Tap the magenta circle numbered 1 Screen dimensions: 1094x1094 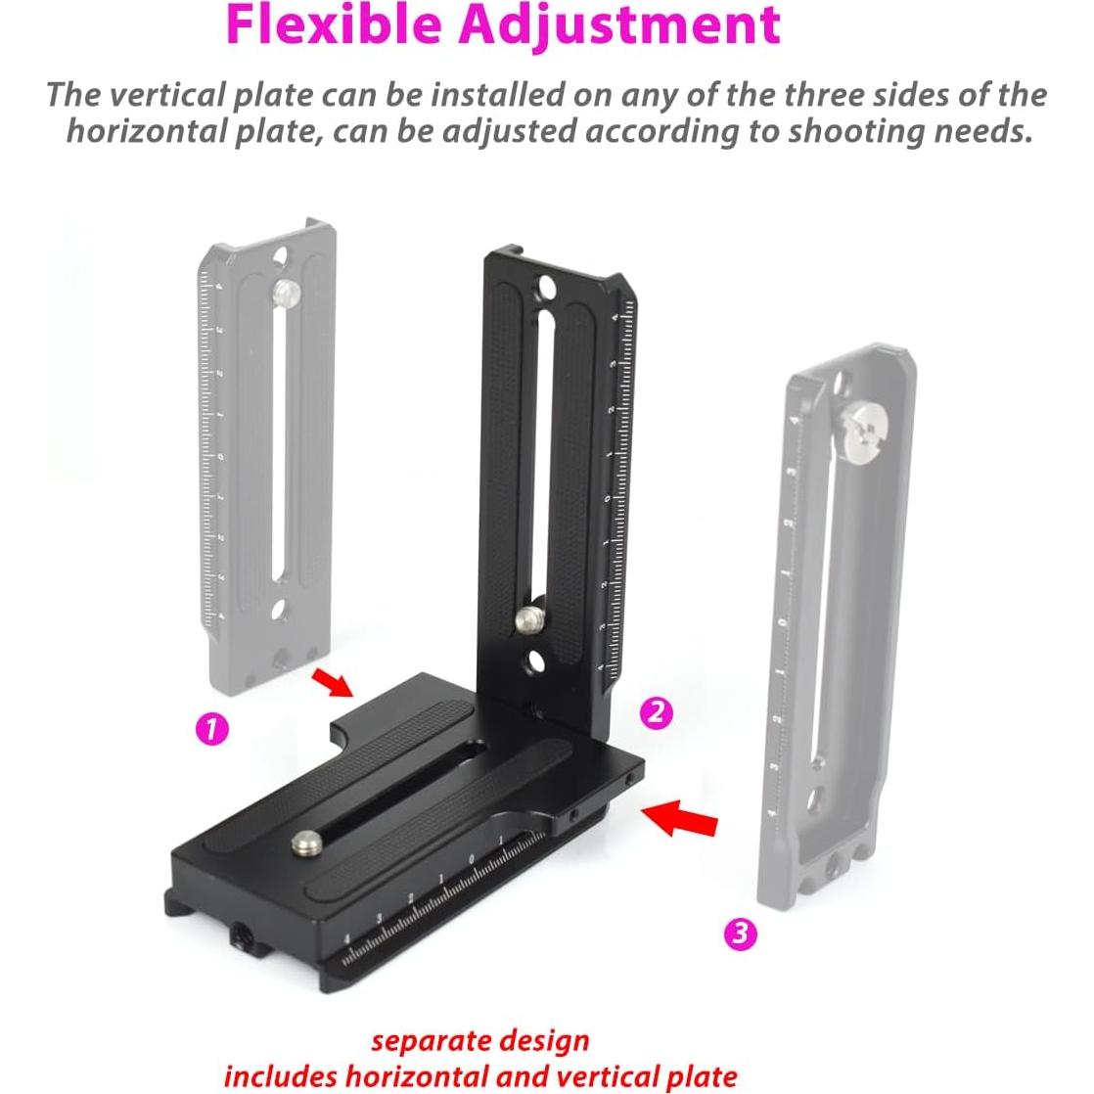[x=212, y=728]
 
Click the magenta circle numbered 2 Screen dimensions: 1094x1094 [x=656, y=711]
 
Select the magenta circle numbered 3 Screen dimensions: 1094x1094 [x=740, y=934]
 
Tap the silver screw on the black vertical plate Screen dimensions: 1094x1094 [x=528, y=618]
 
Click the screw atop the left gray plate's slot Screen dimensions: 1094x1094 [x=285, y=291]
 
